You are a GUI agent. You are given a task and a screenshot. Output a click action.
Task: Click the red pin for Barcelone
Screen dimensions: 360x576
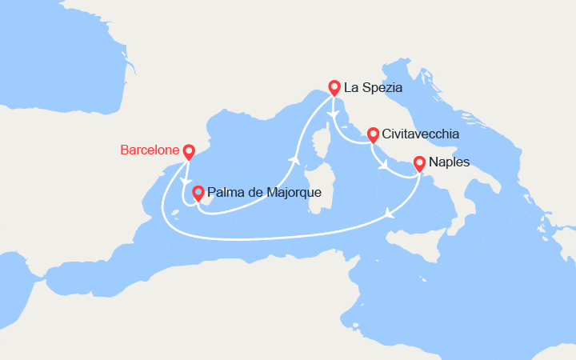click(x=189, y=150)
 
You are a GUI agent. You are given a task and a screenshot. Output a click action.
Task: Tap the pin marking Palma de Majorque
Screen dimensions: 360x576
click(x=198, y=192)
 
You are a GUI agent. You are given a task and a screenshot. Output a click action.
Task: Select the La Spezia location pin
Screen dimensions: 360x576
click(x=334, y=88)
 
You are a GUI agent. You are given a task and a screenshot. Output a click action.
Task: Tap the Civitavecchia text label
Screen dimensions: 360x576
click(x=421, y=134)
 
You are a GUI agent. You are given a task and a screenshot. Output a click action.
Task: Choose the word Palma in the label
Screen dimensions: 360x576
click(x=223, y=193)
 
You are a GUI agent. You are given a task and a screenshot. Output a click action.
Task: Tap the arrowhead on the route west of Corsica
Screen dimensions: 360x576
click(x=295, y=160)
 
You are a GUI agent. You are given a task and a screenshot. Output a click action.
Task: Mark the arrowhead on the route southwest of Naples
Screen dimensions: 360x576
click(x=389, y=213)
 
